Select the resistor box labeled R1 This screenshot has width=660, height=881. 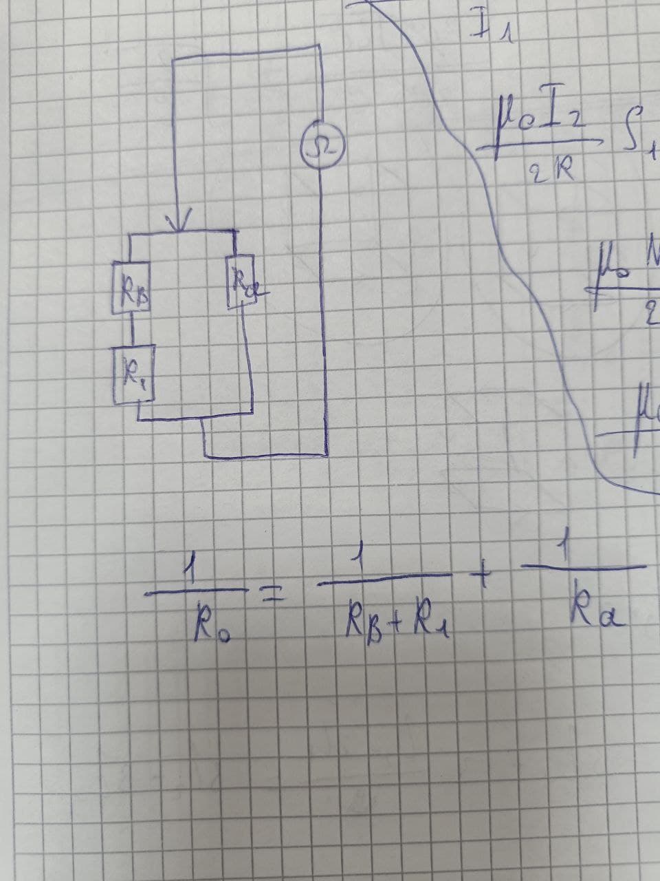coord(133,372)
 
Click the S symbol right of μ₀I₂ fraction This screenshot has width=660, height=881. coord(635,142)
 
